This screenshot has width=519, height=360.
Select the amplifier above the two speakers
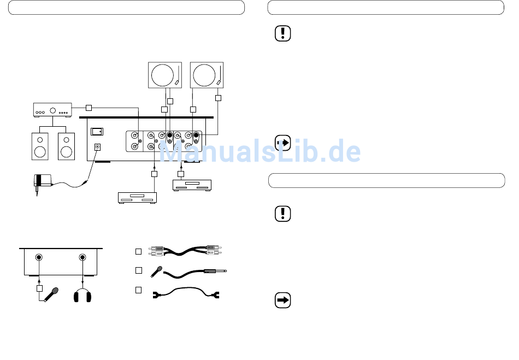click(52, 109)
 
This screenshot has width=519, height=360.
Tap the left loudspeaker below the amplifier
click(40, 146)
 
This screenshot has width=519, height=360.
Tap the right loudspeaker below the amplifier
click(66, 146)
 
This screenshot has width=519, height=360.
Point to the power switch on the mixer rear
click(97, 131)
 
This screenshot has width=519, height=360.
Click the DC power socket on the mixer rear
click(98, 147)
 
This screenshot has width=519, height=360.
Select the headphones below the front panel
click(82, 296)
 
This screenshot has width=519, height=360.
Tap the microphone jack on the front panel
click(39, 258)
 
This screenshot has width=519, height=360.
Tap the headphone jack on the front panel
click(82, 258)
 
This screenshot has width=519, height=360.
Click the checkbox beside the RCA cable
click(139, 251)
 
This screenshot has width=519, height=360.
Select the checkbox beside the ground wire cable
click(139, 290)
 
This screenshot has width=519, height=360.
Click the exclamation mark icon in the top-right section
click(282, 34)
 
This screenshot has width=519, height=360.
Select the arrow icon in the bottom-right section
click(282, 300)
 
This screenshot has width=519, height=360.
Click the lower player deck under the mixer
click(138, 198)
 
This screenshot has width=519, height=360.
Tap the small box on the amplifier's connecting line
click(89, 107)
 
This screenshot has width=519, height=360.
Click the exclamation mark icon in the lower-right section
click(282, 214)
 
